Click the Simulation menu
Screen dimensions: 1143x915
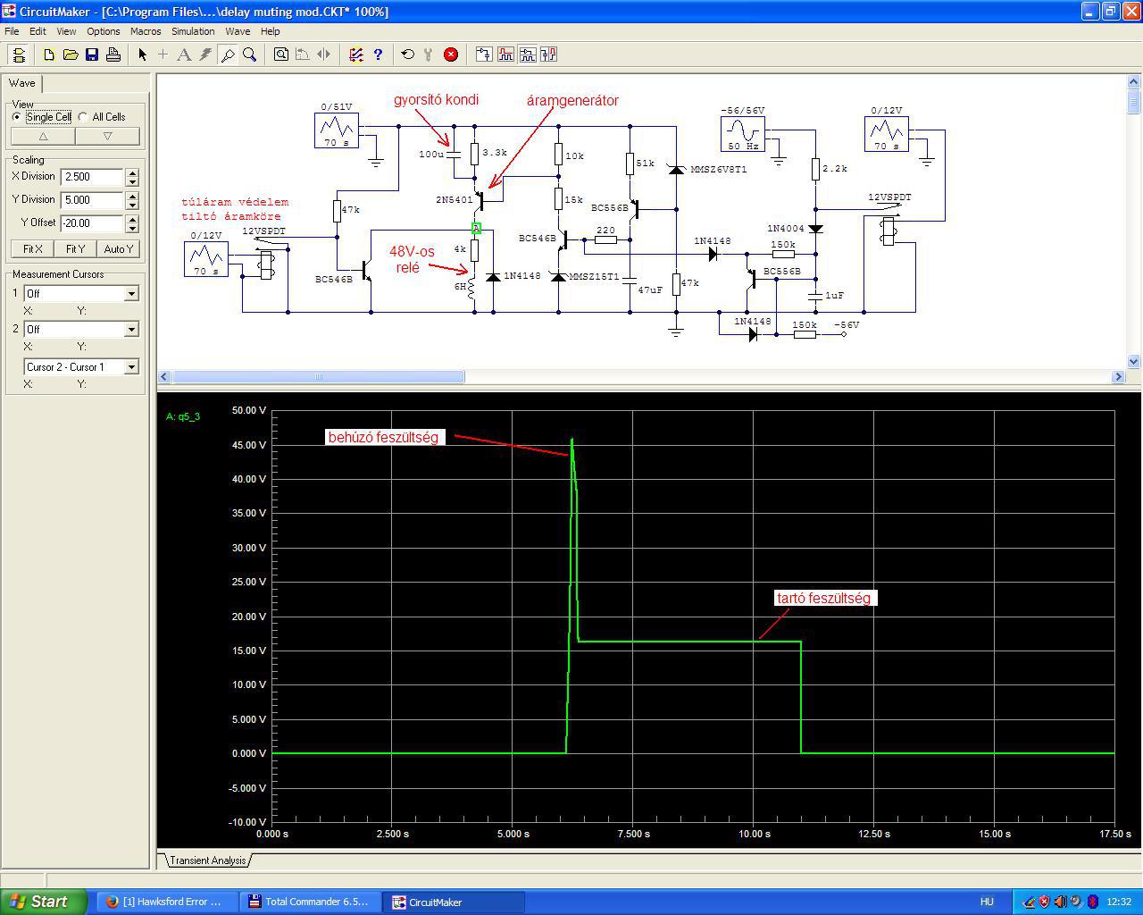pyautogui.click(x=193, y=31)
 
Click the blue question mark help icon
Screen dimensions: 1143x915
pyautogui.click(x=378, y=55)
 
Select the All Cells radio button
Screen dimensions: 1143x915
pyautogui.click(x=83, y=116)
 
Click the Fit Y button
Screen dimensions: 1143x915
pyautogui.click(x=75, y=248)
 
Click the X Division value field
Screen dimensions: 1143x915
pyautogui.click(x=92, y=177)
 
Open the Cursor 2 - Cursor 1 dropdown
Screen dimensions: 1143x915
pyautogui.click(x=131, y=367)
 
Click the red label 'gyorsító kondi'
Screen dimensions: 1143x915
pyautogui.click(x=436, y=100)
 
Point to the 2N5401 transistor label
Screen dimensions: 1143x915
pyautogui.click(x=454, y=200)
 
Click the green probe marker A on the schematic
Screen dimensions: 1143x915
pyautogui.click(x=477, y=228)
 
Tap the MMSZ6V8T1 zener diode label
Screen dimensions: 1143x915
pyautogui.click(x=718, y=170)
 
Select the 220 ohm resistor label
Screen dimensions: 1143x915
pyautogui.click(x=605, y=231)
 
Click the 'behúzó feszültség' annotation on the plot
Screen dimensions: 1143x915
pyautogui.click(x=383, y=438)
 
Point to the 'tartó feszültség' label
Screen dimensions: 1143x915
pyautogui.click(x=824, y=598)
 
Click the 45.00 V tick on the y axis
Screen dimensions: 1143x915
pyautogui.click(x=248, y=445)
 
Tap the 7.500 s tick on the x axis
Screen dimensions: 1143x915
pyautogui.click(x=634, y=834)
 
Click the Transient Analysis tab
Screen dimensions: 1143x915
pyautogui.click(x=208, y=860)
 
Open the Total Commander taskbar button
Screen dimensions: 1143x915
pyautogui.click(x=311, y=902)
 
